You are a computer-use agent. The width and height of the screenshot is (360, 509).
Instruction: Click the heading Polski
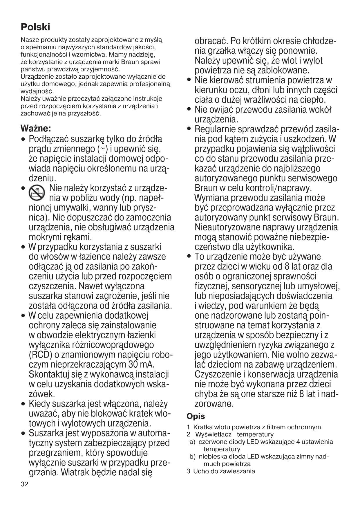35,27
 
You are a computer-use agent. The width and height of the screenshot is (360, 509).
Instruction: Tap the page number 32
24,484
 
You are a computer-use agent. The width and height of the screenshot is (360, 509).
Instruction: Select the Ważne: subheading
36,128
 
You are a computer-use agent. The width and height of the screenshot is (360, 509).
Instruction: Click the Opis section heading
196,416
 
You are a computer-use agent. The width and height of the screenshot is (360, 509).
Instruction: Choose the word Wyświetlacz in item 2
213,434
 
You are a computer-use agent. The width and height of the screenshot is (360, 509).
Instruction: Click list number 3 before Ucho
188,471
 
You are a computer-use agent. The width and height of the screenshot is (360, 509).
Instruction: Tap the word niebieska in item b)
213,456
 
